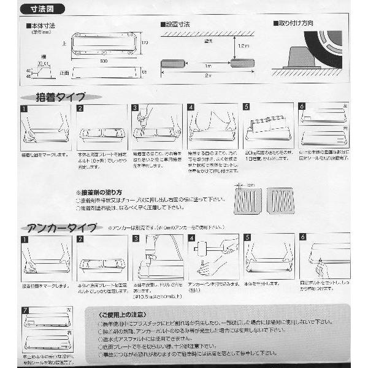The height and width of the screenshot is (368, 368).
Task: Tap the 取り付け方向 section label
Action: click(294, 24)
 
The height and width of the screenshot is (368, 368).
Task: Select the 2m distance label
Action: click(209, 75)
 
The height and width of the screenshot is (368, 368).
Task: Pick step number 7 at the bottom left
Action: click(25, 310)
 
